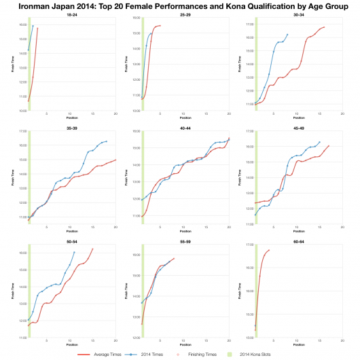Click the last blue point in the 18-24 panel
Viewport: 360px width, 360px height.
[x=33, y=26]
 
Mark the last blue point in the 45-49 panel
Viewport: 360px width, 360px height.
[x=319, y=142]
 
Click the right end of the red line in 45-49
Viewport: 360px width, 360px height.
[x=329, y=145]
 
